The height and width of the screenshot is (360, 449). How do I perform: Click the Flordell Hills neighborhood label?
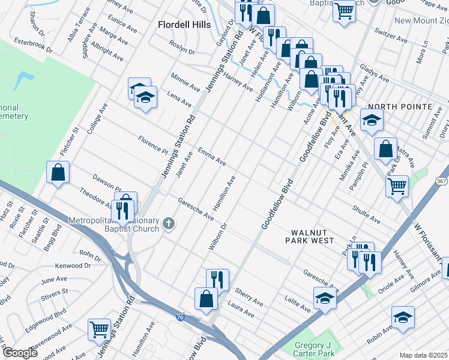[x=184, y=25]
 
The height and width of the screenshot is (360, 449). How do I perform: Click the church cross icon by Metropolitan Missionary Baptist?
[x=169, y=224]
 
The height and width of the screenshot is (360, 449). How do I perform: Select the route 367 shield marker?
[x=441, y=181]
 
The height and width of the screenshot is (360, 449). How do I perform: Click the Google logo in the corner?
[x=20, y=353]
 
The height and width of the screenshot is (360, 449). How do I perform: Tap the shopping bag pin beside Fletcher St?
[x=58, y=173]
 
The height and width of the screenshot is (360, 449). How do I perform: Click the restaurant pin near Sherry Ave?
[x=217, y=280]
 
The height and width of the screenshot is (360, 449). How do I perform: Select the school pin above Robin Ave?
[x=403, y=317]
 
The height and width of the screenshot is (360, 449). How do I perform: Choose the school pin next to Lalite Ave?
[x=325, y=298]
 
